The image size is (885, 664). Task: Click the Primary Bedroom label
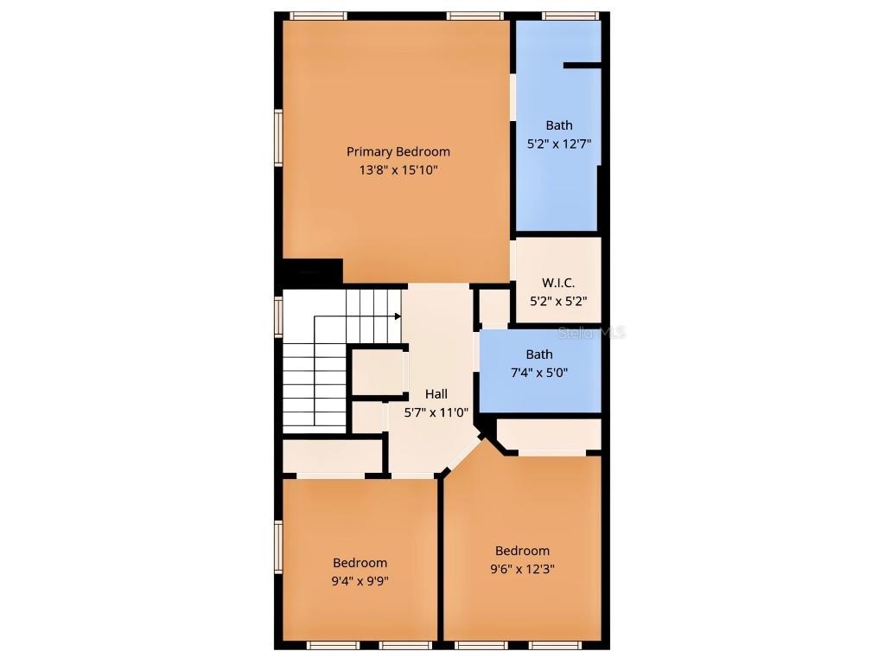[x=398, y=151]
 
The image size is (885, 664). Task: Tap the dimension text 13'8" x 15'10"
[x=398, y=170]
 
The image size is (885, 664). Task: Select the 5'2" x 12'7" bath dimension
[x=558, y=144]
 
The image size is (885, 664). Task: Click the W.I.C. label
[x=557, y=283]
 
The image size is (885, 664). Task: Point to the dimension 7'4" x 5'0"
[x=539, y=373]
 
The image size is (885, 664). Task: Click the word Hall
[x=436, y=393]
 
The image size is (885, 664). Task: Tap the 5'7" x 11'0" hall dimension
[x=436, y=412]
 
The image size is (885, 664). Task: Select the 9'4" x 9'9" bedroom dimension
[x=360, y=581]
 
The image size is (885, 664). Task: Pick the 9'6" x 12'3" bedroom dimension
[x=522, y=569]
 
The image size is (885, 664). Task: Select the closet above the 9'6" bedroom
[x=548, y=434]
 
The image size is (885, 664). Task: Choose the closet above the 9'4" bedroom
[x=334, y=456]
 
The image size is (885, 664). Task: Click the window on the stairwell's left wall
[x=279, y=316]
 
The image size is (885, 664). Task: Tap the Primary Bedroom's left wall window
[x=279, y=137]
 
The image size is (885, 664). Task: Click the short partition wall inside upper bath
[x=582, y=65]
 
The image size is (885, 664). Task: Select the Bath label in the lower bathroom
[x=539, y=354]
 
